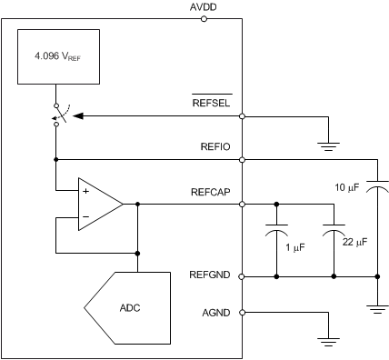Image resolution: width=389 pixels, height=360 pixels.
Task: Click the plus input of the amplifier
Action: [85, 192]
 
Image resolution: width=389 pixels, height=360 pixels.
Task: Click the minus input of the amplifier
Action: [85, 217]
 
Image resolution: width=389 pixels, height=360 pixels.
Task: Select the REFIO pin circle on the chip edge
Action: [242, 159]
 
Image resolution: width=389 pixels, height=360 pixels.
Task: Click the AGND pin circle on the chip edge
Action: [242, 313]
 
